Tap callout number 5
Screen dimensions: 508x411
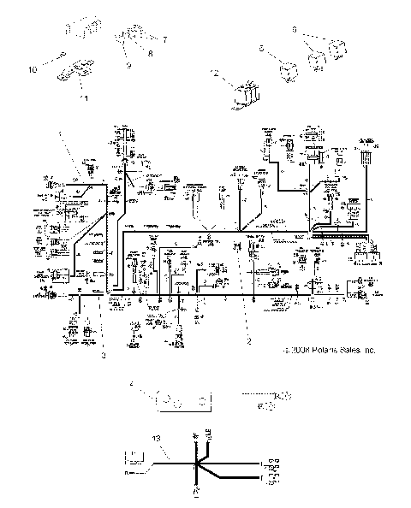click(x=262, y=50)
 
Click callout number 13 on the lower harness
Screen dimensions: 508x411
click(x=155, y=438)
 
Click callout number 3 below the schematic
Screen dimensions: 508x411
click(x=102, y=355)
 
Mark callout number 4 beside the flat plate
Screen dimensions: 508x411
click(x=132, y=386)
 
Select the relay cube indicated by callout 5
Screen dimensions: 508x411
click(x=285, y=62)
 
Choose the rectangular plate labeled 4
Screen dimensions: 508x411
click(x=182, y=400)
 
